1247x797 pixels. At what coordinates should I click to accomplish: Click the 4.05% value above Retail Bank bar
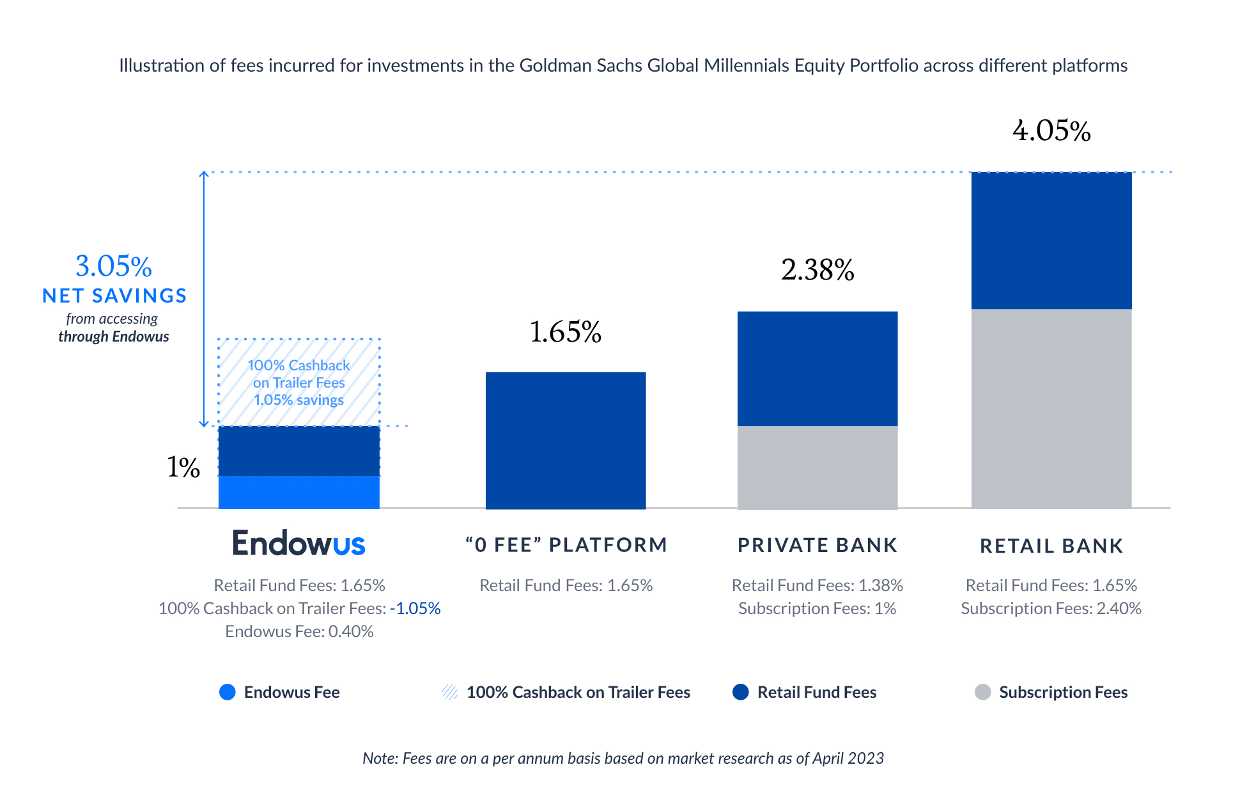coord(1051,131)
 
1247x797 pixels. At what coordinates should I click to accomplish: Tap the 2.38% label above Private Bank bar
coord(817,270)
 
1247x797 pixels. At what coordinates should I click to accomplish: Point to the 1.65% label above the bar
coord(566,332)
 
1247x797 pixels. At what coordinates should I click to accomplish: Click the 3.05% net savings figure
coord(114,266)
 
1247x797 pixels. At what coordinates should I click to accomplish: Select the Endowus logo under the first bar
coord(298,543)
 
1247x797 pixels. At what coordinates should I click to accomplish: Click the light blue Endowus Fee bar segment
coord(298,492)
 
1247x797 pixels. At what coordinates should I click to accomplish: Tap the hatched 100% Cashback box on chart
coord(298,383)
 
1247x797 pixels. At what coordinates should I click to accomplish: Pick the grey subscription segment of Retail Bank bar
coord(1051,409)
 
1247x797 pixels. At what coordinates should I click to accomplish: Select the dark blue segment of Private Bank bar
coord(817,368)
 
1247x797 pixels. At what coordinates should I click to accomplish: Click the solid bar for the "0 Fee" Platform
coord(566,441)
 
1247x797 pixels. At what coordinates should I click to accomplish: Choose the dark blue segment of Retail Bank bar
coord(1051,241)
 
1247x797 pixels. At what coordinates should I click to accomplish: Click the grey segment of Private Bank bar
coord(817,467)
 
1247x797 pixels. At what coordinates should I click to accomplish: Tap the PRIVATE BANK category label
coord(817,545)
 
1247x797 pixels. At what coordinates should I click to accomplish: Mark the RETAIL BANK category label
coord(1051,546)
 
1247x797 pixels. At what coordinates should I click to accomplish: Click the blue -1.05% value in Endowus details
coord(415,608)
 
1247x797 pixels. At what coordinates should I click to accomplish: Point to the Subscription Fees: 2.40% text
coord(1051,608)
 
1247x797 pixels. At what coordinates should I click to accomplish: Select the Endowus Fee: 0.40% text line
coord(299,631)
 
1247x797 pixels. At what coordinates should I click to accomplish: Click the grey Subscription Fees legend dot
coord(982,692)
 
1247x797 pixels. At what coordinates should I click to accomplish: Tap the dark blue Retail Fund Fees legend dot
coord(741,692)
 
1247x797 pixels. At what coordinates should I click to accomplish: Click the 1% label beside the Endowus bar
coord(183,468)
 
